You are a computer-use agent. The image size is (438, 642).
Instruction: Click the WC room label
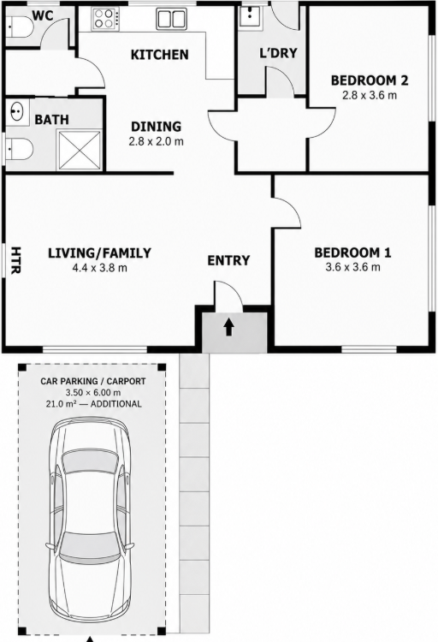pos(43,15)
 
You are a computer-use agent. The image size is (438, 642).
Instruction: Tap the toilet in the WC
pos(19,27)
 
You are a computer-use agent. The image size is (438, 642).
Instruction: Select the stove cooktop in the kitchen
pos(104,19)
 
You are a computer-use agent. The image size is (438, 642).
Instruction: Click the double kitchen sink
pos(171,19)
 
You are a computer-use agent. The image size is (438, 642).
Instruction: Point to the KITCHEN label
pos(160,55)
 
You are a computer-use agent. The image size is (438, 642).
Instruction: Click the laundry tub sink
pos(249,16)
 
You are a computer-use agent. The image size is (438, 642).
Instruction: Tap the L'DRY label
pos(278,53)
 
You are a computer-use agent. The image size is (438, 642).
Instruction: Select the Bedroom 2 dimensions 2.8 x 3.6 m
pos(370,95)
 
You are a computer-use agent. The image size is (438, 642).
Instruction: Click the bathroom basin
pos(17,111)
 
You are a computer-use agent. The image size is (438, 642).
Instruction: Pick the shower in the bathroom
pos(79,150)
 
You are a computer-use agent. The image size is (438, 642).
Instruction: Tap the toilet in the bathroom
pos(19,149)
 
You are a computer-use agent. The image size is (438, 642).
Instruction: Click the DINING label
pos(156,126)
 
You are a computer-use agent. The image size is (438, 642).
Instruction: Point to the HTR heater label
pos(15,260)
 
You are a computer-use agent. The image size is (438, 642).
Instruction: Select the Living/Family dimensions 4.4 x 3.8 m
pos(100,268)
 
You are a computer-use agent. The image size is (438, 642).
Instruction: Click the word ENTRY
pos(228,260)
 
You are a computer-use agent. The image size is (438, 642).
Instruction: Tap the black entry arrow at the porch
pos(228,327)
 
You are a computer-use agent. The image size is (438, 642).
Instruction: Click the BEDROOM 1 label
pos(352,253)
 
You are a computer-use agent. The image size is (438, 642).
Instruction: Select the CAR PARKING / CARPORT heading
pos(93,381)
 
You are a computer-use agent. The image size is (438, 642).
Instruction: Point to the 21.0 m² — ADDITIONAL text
pos(93,404)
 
